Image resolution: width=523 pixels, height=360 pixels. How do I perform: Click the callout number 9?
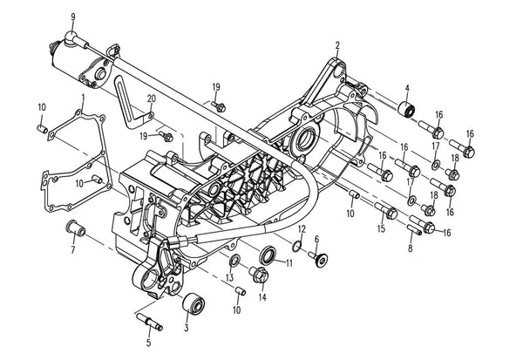pos(73,17)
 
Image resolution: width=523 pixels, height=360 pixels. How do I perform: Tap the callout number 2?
pos(337,45)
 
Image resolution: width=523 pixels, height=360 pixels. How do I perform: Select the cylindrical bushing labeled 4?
pos(407,109)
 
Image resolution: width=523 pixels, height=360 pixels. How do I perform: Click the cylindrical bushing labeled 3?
pos(194,303)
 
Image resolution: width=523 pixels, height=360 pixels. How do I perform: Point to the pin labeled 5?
pos(149,322)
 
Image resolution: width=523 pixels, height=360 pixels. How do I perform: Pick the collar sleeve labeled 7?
pos(75,228)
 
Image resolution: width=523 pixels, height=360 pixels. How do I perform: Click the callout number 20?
pos(152,98)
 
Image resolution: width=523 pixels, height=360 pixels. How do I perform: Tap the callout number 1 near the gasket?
pos(83,98)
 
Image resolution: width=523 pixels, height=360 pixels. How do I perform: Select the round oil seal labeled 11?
pos(268,255)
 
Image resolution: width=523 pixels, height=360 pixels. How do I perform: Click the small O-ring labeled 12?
pos(296,247)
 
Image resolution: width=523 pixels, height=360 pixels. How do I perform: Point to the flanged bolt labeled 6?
pos(317,258)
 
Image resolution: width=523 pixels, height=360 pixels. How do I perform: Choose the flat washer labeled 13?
pos(234,261)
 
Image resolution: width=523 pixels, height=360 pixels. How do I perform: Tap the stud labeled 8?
pos(414,229)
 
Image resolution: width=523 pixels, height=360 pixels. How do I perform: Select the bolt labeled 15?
pos(386,211)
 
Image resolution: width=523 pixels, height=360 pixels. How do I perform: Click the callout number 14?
pos(263,296)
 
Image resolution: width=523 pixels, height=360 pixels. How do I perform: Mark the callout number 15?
pos(381,228)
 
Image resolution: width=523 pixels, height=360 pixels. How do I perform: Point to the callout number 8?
pos(411,248)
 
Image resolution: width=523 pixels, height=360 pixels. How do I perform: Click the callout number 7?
pos(73,249)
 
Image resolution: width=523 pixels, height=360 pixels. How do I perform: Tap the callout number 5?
pos(148,343)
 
